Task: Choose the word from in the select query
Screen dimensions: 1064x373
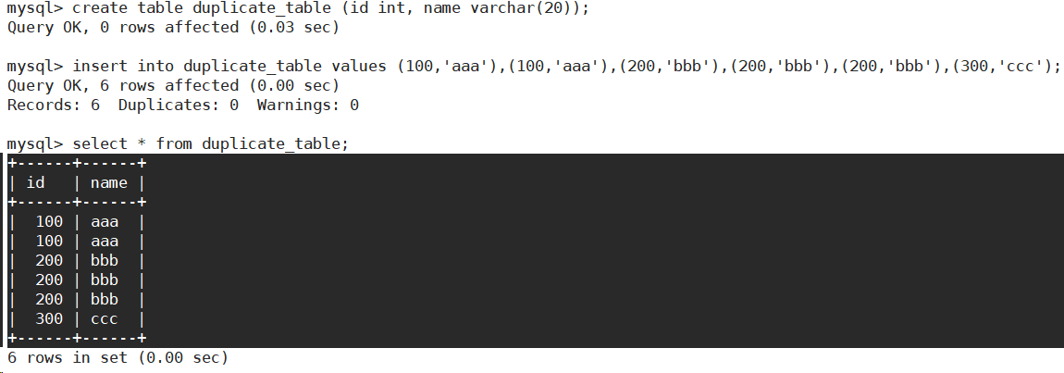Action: click(x=174, y=144)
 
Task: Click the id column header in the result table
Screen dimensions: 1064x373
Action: click(x=35, y=182)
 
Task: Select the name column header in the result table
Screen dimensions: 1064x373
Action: click(x=109, y=182)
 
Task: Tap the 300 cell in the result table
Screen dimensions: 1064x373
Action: click(x=49, y=318)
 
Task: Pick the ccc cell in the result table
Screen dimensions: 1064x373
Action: click(x=105, y=318)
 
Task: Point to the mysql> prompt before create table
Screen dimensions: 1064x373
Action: click(x=34, y=8)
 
